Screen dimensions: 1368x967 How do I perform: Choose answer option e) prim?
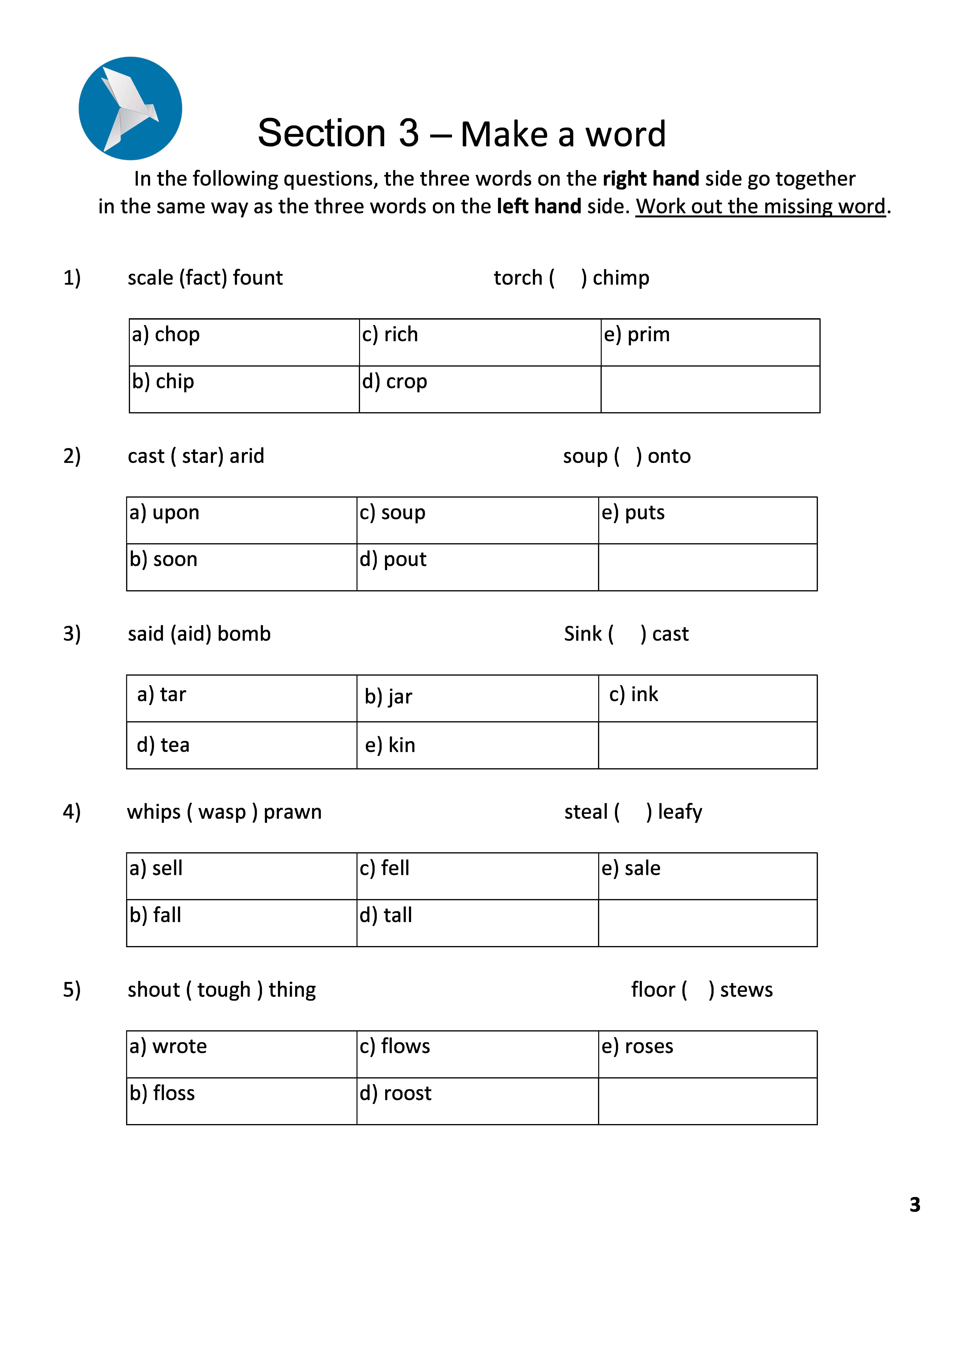click(636, 335)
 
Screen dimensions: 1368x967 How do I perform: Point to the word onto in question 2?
click(669, 456)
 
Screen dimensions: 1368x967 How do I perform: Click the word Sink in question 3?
click(583, 634)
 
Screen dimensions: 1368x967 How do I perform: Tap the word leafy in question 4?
click(680, 812)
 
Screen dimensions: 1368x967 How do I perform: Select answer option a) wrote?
click(168, 1046)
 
